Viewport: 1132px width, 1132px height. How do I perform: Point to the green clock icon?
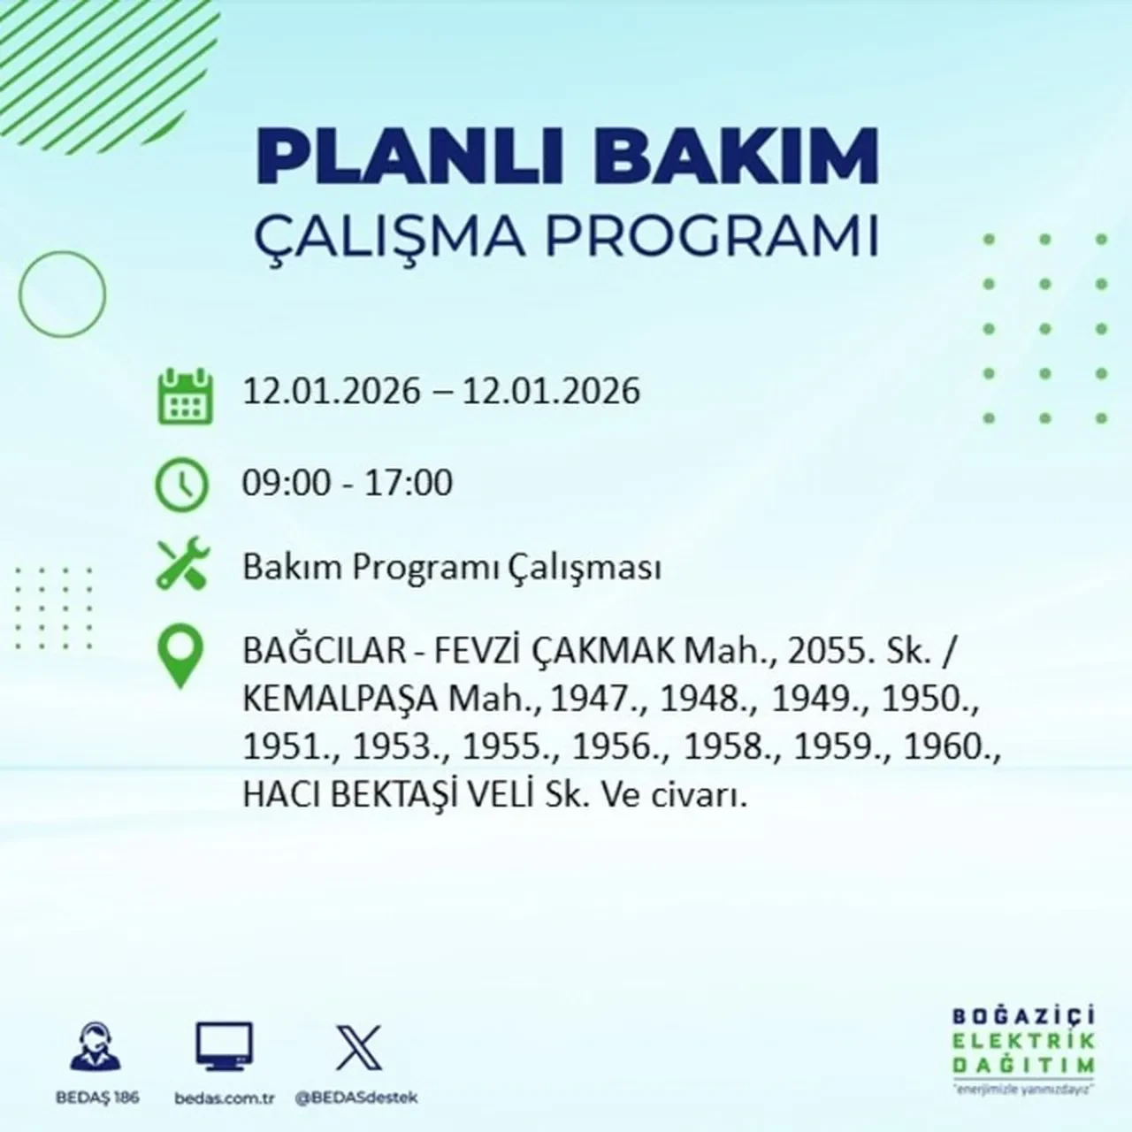tap(182, 485)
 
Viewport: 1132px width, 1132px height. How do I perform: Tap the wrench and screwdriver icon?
tap(182, 566)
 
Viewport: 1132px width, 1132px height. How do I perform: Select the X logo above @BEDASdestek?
tap(358, 1047)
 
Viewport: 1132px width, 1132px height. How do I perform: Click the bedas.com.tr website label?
tap(226, 1098)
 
